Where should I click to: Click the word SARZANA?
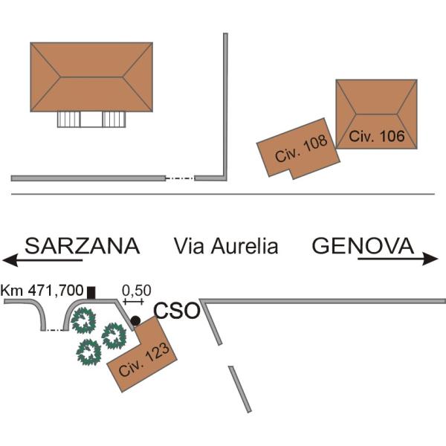tap(83, 246)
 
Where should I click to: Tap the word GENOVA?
tap(363, 246)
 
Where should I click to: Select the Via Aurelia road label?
tap(226, 246)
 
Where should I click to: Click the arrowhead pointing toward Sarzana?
tap(10, 259)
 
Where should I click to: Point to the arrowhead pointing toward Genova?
tap(430, 259)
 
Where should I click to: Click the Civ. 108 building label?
tap(301, 148)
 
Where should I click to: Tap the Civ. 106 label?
tap(377, 136)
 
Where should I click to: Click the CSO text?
tap(177, 310)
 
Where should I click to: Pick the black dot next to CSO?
tap(135, 320)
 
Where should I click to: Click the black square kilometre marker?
tap(91, 293)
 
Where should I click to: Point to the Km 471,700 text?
tap(42, 291)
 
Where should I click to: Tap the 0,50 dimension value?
tap(136, 291)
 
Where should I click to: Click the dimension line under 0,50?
tap(133, 301)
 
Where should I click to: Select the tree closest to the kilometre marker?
tap(83, 320)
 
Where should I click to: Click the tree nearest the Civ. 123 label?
tap(114, 336)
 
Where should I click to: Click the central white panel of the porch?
tap(91, 119)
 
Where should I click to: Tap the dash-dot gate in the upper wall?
tap(180, 178)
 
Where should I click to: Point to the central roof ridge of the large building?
tap(91, 77)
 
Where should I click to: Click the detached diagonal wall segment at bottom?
tap(240, 389)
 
